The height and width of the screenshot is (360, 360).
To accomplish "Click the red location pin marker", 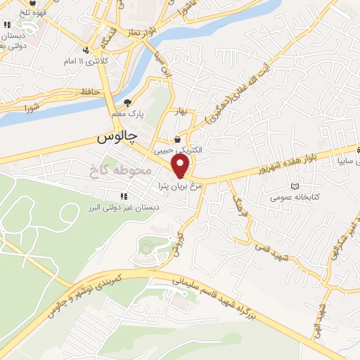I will [181, 167].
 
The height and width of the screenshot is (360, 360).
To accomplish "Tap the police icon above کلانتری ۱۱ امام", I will [85, 50].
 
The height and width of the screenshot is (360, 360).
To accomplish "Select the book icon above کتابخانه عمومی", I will [294, 187].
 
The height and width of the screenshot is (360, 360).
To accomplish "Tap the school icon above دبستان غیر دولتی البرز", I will [122, 196].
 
